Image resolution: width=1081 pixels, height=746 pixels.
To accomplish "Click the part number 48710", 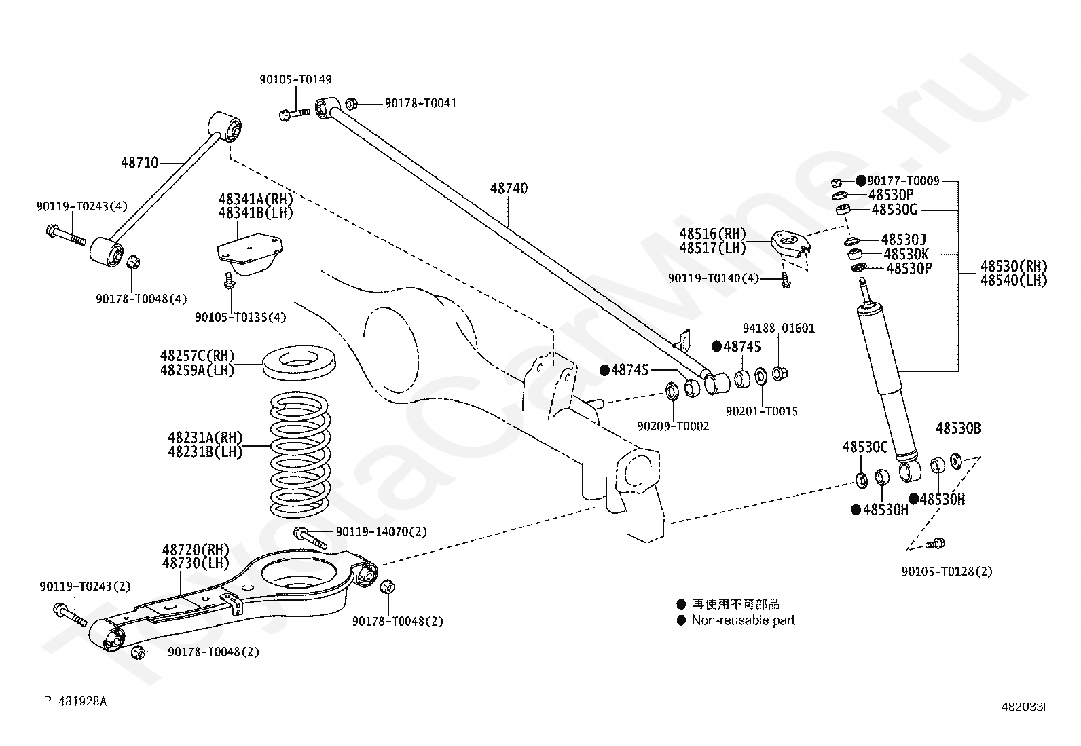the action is pyautogui.click(x=139, y=163).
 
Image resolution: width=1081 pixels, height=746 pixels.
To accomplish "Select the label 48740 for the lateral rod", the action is pyautogui.click(x=509, y=188).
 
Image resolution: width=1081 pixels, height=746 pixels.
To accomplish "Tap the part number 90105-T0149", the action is pyautogui.click(x=296, y=79).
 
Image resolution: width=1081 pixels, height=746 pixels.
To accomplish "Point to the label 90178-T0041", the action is pyautogui.click(x=421, y=103).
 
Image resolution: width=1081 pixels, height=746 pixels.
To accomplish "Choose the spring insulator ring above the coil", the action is pyautogui.click(x=299, y=363).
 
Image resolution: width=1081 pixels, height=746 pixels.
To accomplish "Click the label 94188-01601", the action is pyautogui.click(x=779, y=329).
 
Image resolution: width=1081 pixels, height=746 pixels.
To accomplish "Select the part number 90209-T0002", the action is pyautogui.click(x=673, y=426).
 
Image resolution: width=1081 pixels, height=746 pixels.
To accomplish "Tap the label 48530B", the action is pyautogui.click(x=958, y=428).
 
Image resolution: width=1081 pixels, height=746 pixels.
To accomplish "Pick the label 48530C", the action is pyautogui.click(x=865, y=447).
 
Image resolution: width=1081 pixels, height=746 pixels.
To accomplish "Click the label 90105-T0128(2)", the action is pyautogui.click(x=947, y=572).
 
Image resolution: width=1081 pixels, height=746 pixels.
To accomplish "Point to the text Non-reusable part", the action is pyautogui.click(x=744, y=620).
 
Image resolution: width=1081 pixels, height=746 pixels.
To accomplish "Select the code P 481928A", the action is pyautogui.click(x=75, y=701).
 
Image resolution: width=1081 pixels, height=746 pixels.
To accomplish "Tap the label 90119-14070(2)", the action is pyautogui.click(x=381, y=531).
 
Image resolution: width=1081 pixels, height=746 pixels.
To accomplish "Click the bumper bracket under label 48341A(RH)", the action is pyautogui.click(x=249, y=255).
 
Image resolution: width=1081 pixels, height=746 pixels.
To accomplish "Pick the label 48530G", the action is pyautogui.click(x=894, y=210).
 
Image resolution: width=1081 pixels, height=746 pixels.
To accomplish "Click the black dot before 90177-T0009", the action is pyautogui.click(x=861, y=181).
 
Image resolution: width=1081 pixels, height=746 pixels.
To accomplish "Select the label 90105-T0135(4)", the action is pyautogui.click(x=240, y=318).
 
